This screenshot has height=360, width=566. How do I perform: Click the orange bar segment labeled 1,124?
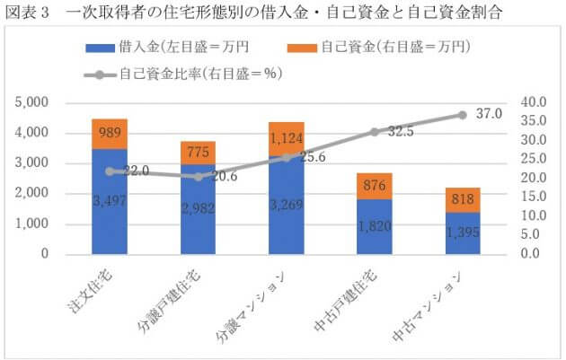(286, 138)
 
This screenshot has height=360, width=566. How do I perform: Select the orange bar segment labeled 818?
(463, 199)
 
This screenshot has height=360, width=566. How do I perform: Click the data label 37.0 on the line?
(491, 114)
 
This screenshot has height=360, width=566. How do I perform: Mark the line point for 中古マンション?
(463, 115)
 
